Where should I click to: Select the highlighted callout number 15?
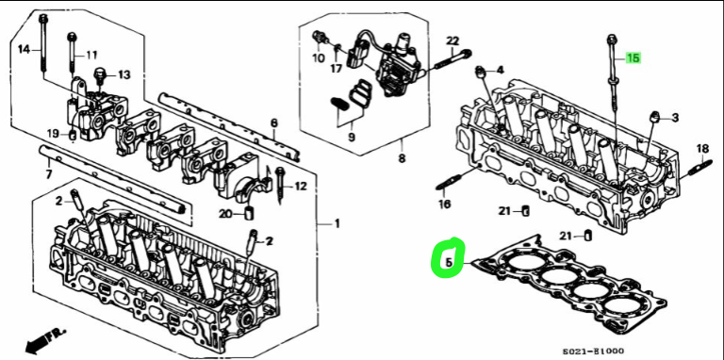coord(633,57)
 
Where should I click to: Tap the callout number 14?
coord(24,49)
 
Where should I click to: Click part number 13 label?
coord(123,74)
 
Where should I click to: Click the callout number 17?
coord(337,68)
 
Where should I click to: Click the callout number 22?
coord(452,41)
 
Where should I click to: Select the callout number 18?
coord(701,149)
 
